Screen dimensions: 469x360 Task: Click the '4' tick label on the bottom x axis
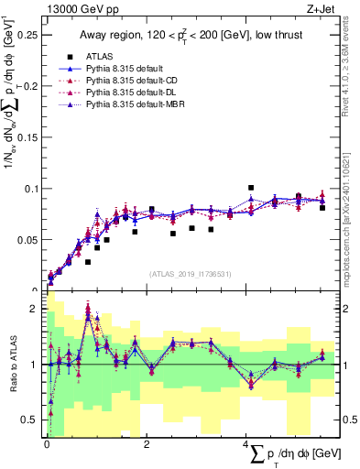[246, 444]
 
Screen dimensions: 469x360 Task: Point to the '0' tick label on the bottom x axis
[47, 444]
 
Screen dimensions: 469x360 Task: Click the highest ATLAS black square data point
[251, 188]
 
